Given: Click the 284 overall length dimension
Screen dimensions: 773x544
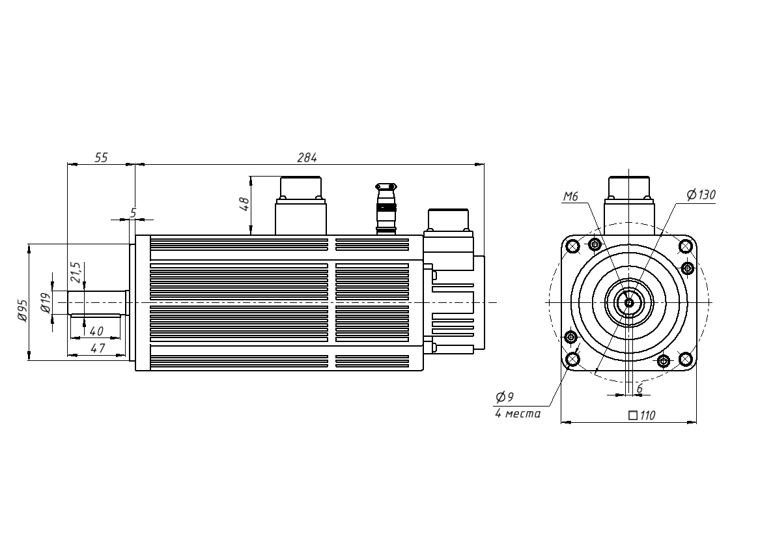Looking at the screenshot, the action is (307, 158).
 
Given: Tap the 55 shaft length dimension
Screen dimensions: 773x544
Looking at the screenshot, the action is (101, 158).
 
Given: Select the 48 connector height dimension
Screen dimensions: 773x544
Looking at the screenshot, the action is (244, 204).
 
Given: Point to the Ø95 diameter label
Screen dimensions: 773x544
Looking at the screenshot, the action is (22, 310).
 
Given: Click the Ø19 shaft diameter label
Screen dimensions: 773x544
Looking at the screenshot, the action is (46, 302).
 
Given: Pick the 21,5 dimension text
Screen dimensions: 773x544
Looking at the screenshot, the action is (76, 272).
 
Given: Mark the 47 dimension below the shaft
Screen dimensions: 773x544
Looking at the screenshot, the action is (98, 348).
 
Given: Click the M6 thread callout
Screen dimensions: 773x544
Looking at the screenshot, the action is (570, 197).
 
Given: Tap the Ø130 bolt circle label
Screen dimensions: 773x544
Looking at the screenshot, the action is (701, 195).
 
